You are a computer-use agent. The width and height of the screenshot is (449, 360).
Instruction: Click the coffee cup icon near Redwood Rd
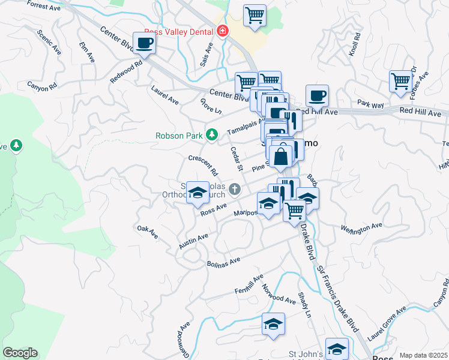point(143,43)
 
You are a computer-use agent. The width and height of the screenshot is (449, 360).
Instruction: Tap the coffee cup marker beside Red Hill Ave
point(317,95)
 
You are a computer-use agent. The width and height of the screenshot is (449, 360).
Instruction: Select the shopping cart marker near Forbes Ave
point(400,81)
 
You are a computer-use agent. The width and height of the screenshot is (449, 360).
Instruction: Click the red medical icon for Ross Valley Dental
point(223,31)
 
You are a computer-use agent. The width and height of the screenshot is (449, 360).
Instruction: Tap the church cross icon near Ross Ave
point(235,190)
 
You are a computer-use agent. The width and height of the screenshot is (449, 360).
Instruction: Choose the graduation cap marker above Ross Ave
point(197,193)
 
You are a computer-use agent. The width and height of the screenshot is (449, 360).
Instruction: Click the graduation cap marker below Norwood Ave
point(273,324)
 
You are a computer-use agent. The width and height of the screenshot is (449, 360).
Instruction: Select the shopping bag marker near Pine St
point(280,157)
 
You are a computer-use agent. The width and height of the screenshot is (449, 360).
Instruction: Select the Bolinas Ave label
point(223,262)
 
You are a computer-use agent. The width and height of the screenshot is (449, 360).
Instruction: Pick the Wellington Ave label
point(361,227)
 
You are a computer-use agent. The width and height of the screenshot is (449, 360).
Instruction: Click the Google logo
point(20,353)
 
